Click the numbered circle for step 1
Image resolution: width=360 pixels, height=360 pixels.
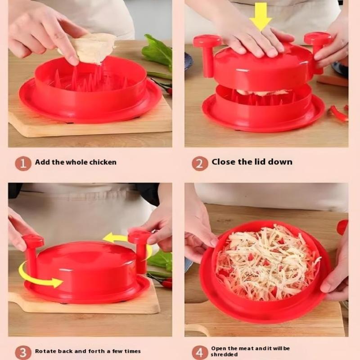point(23,163)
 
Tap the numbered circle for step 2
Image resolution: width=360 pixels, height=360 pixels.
point(200,163)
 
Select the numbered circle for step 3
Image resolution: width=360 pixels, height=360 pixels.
point(23,353)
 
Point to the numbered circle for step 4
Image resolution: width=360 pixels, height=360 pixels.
point(200,353)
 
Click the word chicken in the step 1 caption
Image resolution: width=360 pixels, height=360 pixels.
point(103,162)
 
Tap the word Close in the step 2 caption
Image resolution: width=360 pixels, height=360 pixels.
point(224,162)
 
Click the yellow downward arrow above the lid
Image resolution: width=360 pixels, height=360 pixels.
point(261,17)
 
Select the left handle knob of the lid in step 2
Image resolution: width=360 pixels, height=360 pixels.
point(207,55)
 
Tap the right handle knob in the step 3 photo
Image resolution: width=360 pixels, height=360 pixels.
point(140,250)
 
